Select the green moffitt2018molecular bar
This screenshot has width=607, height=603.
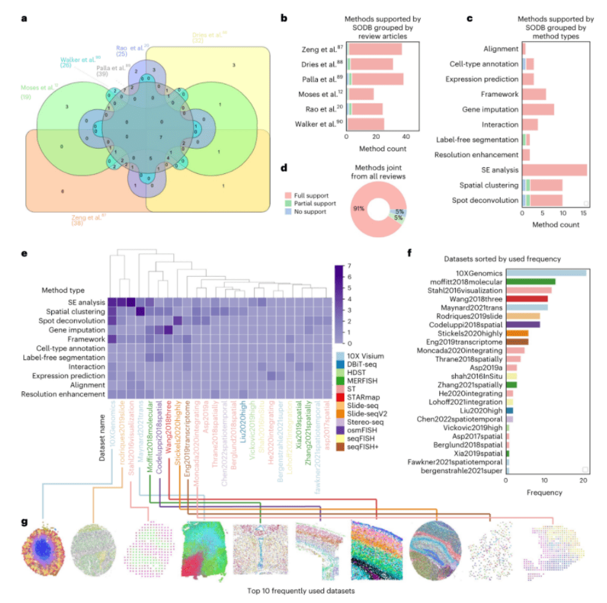531,281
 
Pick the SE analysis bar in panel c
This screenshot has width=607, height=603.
554,170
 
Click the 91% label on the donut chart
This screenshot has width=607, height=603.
358,209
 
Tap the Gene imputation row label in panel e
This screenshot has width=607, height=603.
84,329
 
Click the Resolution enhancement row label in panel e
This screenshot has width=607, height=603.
64,394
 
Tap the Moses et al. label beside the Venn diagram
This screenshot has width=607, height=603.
39,88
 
